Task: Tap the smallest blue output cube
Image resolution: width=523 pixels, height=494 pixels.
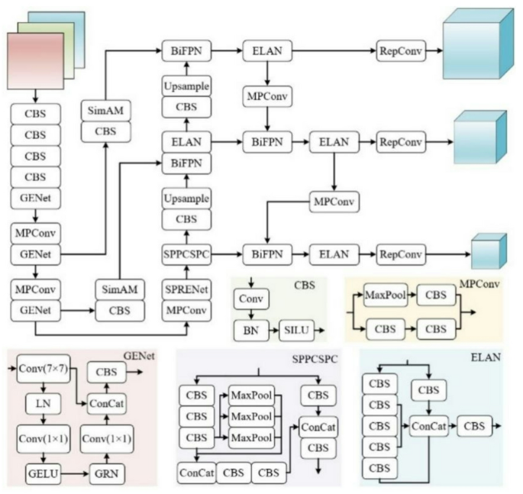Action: point(488,253)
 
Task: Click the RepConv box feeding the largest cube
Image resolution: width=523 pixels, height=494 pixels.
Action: point(400,51)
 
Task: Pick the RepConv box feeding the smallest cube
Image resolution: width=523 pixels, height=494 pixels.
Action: point(400,253)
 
